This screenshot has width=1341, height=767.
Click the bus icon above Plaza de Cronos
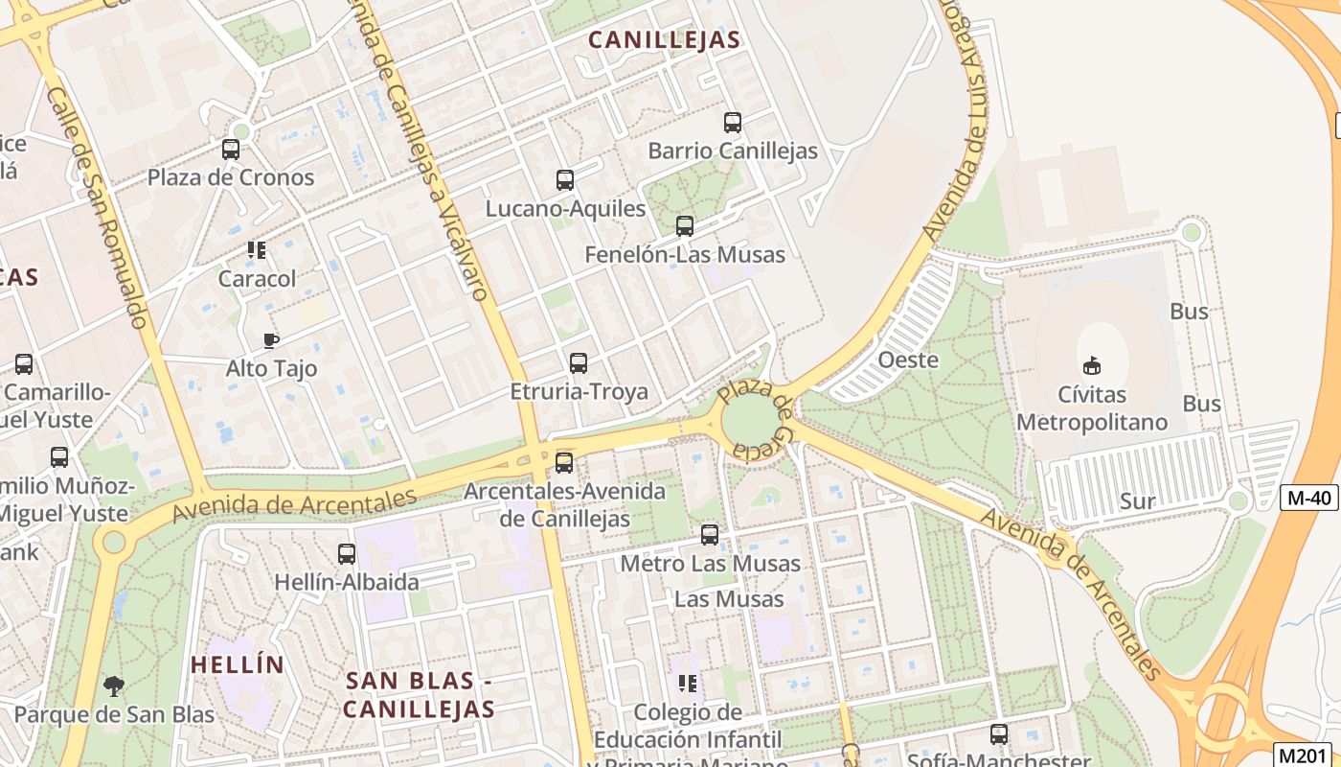(x=231, y=150)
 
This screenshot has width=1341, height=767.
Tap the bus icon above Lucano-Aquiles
(x=565, y=180)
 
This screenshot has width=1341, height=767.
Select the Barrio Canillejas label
(x=733, y=151)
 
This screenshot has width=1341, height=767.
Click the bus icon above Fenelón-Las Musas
(x=685, y=226)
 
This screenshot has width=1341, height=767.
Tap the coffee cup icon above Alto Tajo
(x=271, y=340)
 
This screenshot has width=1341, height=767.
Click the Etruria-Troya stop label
(x=579, y=392)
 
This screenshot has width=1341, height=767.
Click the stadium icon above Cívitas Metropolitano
(x=1091, y=365)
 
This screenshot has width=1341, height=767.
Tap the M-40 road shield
(x=1308, y=498)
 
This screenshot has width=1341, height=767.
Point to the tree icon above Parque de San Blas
(x=114, y=686)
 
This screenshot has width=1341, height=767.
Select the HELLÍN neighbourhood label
(x=237, y=664)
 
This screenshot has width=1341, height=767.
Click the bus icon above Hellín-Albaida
(x=347, y=554)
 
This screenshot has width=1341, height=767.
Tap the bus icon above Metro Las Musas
(x=710, y=535)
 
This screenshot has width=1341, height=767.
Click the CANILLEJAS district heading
(x=664, y=39)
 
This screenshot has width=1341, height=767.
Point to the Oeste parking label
(x=908, y=360)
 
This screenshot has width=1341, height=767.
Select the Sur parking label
(x=1137, y=500)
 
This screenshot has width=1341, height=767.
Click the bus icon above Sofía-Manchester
(x=999, y=734)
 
